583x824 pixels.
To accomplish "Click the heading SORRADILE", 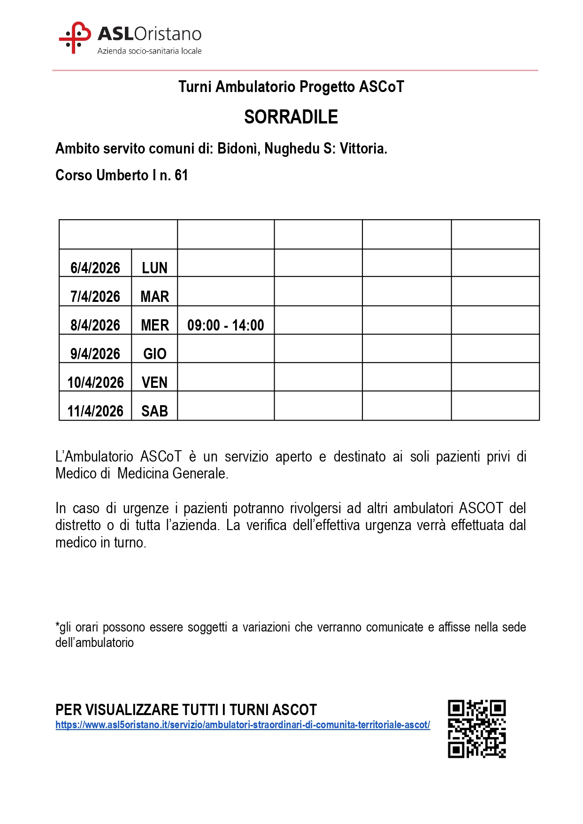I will [x=291, y=117].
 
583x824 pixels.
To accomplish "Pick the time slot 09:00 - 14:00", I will [x=225, y=325].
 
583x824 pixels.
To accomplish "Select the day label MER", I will [x=154, y=325].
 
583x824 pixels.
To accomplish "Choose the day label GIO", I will [x=154, y=354].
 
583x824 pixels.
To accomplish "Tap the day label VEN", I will [x=154, y=382].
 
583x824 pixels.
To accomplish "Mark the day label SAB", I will [x=154, y=411].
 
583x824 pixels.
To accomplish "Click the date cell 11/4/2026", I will [x=95, y=411].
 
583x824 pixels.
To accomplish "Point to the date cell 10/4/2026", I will [x=95, y=382].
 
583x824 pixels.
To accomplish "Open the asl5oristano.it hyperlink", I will [x=242, y=724].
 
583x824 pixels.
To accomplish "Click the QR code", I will [x=476, y=729].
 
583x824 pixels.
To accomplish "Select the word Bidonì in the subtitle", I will [x=238, y=148].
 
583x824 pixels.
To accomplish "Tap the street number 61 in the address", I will [x=181, y=175].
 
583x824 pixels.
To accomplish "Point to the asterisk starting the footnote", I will [x=57, y=625].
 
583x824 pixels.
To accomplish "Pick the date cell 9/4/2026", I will [x=95, y=354].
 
